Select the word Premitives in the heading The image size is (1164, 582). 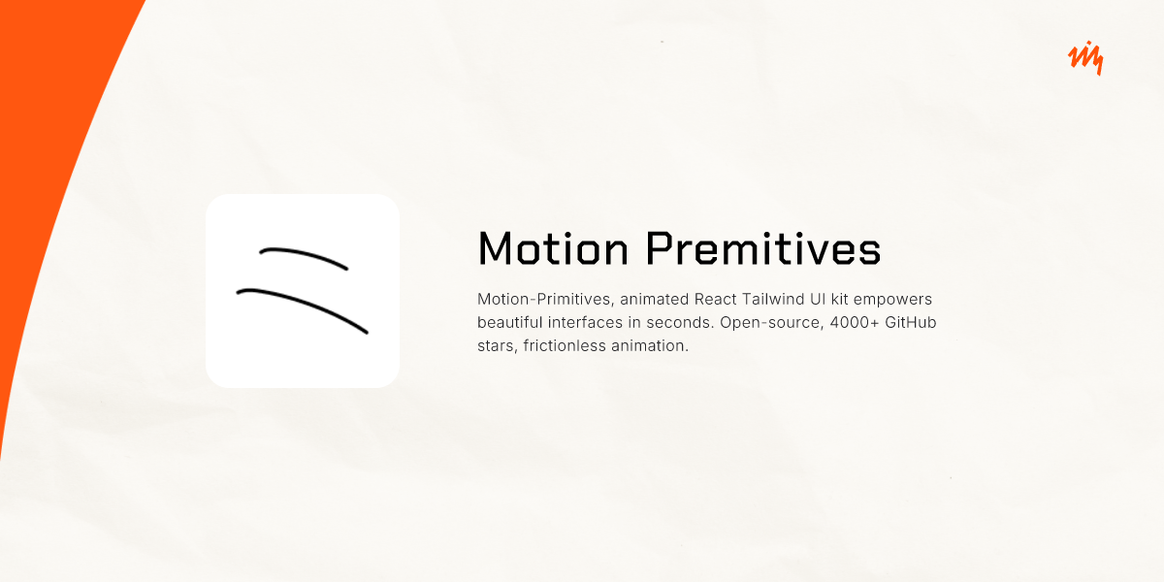(x=763, y=248)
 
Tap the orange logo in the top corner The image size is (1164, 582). (x=1084, y=59)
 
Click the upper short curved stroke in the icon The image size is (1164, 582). (x=304, y=256)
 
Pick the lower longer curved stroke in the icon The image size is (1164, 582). (x=303, y=307)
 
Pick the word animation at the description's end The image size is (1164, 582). (x=649, y=345)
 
